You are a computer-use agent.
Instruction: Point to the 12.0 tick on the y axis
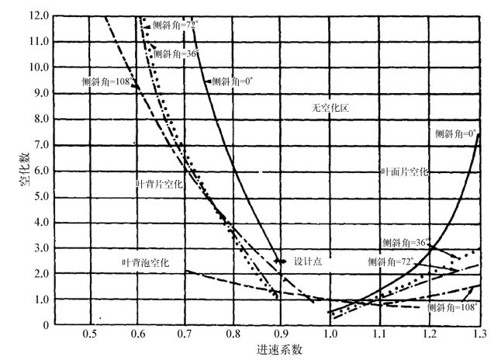pos(36,16)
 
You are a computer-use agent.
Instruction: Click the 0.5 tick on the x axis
pos(92,334)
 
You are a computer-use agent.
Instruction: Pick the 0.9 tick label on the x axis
pos(282,334)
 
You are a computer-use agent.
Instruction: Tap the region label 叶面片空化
pos(404,171)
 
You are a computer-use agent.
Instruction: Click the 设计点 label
pos(308,261)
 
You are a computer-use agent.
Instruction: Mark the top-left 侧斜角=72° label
pos(176,26)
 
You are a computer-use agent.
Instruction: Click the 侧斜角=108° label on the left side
pos(106,80)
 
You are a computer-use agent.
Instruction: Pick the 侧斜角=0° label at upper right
pos(458,134)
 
